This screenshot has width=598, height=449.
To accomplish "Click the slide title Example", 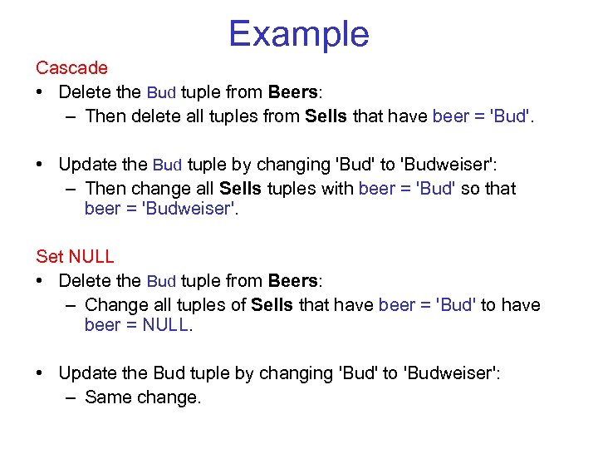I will (x=299, y=34).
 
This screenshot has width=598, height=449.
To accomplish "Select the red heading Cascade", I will (x=71, y=68).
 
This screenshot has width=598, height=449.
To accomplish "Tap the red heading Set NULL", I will (x=75, y=257).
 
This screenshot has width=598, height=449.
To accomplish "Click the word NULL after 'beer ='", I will (x=166, y=325).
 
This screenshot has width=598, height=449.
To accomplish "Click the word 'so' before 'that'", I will (x=470, y=189).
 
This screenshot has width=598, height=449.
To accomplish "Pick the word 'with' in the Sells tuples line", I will (x=336, y=189).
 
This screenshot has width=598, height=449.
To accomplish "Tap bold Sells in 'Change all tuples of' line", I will (x=272, y=305).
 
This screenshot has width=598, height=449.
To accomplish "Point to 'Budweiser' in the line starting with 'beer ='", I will (x=180, y=209).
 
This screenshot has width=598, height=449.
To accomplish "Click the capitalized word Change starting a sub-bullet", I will (x=112, y=305).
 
